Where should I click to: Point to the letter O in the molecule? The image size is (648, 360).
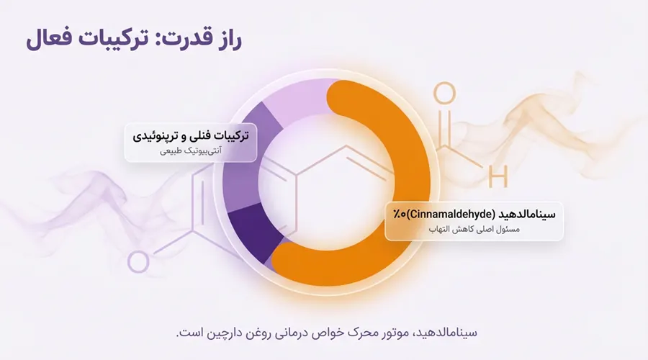[445, 93]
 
